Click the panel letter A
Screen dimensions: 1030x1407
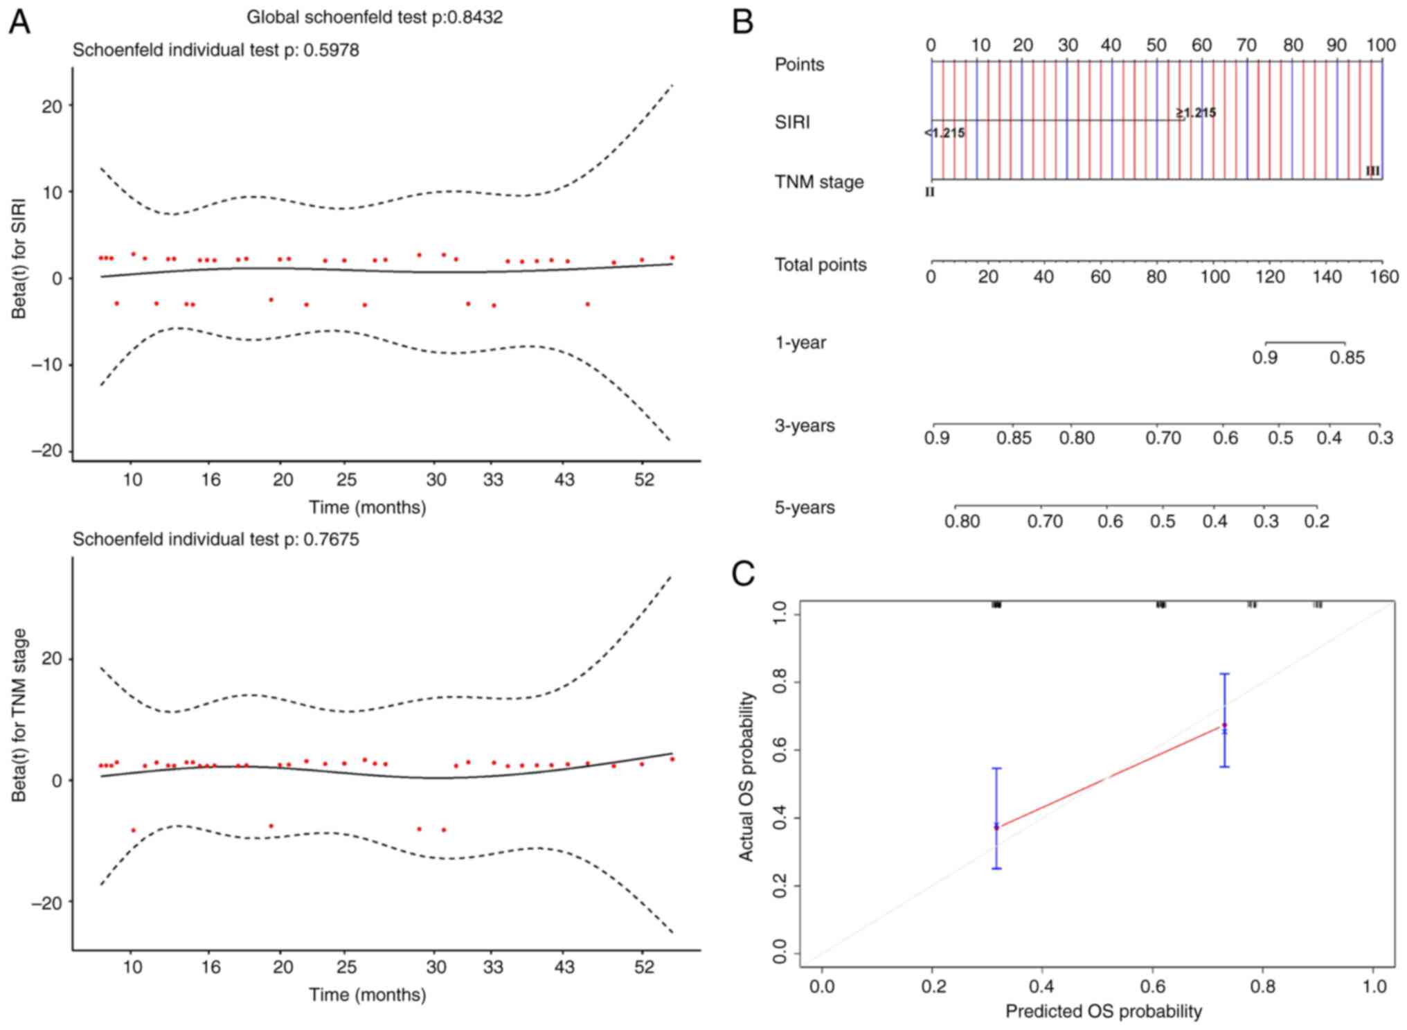(x=19, y=22)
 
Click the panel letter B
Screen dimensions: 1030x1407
(x=742, y=22)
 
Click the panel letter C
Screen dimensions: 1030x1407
(x=743, y=574)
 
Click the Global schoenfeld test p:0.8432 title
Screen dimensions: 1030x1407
(x=375, y=17)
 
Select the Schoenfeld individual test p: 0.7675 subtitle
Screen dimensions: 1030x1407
(x=215, y=539)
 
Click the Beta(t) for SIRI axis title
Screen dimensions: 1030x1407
(x=19, y=259)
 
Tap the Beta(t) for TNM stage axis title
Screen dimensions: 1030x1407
(x=19, y=715)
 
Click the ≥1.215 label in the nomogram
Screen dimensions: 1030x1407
(x=1196, y=112)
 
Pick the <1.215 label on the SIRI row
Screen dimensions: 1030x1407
(x=944, y=133)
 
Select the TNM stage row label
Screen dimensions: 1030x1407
(x=819, y=182)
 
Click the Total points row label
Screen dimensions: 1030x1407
(x=821, y=265)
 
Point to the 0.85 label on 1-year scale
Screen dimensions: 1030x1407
(x=1347, y=358)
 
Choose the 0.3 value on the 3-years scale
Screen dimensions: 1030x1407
(x=1380, y=438)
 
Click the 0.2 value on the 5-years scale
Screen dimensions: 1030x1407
(x=1317, y=521)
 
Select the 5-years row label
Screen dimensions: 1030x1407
(x=805, y=508)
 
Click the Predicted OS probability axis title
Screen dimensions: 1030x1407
(x=1103, y=1011)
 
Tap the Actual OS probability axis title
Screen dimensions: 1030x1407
(x=746, y=776)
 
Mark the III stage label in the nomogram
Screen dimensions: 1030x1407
(x=1372, y=171)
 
